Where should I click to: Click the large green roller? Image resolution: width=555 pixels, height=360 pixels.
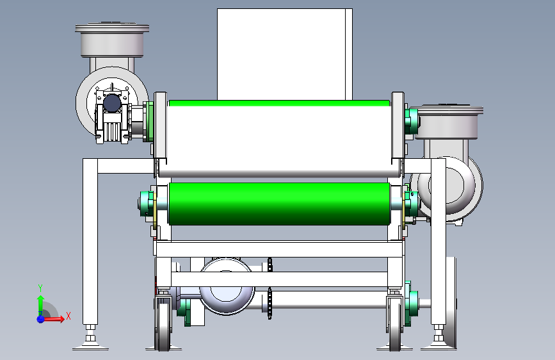pos(279,204)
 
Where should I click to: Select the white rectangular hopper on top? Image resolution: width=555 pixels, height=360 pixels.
pos(285,54)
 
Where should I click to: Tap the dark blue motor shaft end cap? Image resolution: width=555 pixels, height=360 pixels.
pos(112,103)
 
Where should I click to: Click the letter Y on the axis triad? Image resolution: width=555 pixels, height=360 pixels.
pos(40,288)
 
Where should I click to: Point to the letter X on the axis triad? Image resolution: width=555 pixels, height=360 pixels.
pos(68,316)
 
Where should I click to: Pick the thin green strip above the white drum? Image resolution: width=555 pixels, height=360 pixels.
pos(279,103)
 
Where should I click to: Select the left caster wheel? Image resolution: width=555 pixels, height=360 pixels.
pos(163,325)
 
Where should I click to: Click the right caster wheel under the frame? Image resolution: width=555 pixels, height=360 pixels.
pos(395,325)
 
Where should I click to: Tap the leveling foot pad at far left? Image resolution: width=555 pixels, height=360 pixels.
pos(91,345)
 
